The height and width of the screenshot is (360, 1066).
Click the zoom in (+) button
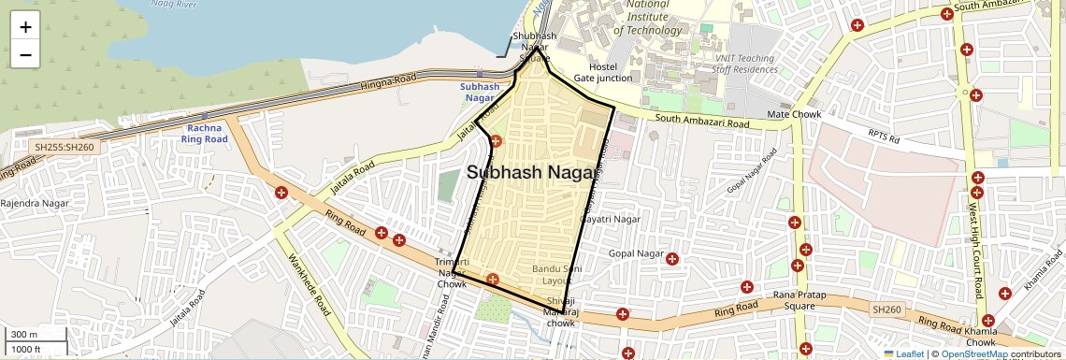pyautogui.click(x=25, y=27)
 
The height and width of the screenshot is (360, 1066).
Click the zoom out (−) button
pyautogui.click(x=25, y=54)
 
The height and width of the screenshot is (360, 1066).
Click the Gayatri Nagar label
pyautogui.click(x=611, y=219)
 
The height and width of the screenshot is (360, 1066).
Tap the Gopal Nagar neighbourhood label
pyautogui.click(x=636, y=253)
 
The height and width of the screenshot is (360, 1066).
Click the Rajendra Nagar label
pyautogui.click(x=29, y=203)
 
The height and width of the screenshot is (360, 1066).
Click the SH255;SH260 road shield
pyautogui.click(x=64, y=147)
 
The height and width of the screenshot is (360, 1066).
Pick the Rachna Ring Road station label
pyautogui.click(x=207, y=133)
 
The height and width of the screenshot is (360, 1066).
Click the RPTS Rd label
pyautogui.click(x=882, y=139)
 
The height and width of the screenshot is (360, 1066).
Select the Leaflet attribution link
pyautogui.click(x=903, y=353)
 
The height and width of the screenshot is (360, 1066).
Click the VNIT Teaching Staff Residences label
pyautogui.click(x=743, y=64)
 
